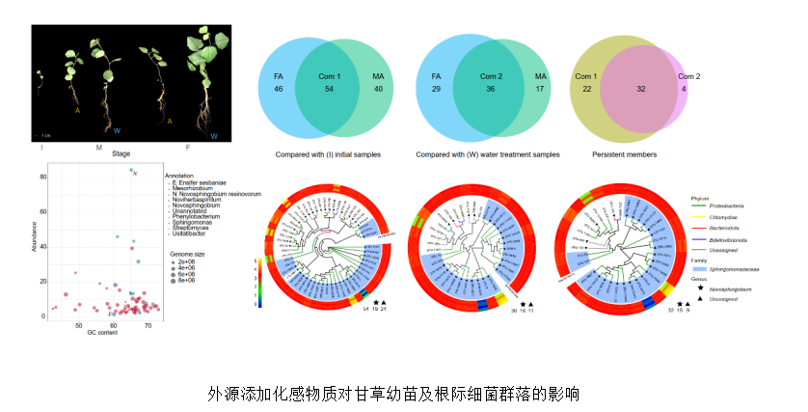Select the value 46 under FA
point(278,90)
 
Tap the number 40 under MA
point(379,90)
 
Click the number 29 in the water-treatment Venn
point(437,90)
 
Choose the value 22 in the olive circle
point(587,90)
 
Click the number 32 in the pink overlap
point(641,90)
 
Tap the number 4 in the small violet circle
point(686,90)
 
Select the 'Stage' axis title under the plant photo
point(121,153)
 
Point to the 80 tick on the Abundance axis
point(43,178)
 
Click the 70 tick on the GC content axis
point(148,325)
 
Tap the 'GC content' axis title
point(104,333)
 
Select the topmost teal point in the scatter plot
point(132,171)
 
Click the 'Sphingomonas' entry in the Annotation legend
point(192,221)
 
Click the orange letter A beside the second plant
point(76,110)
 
